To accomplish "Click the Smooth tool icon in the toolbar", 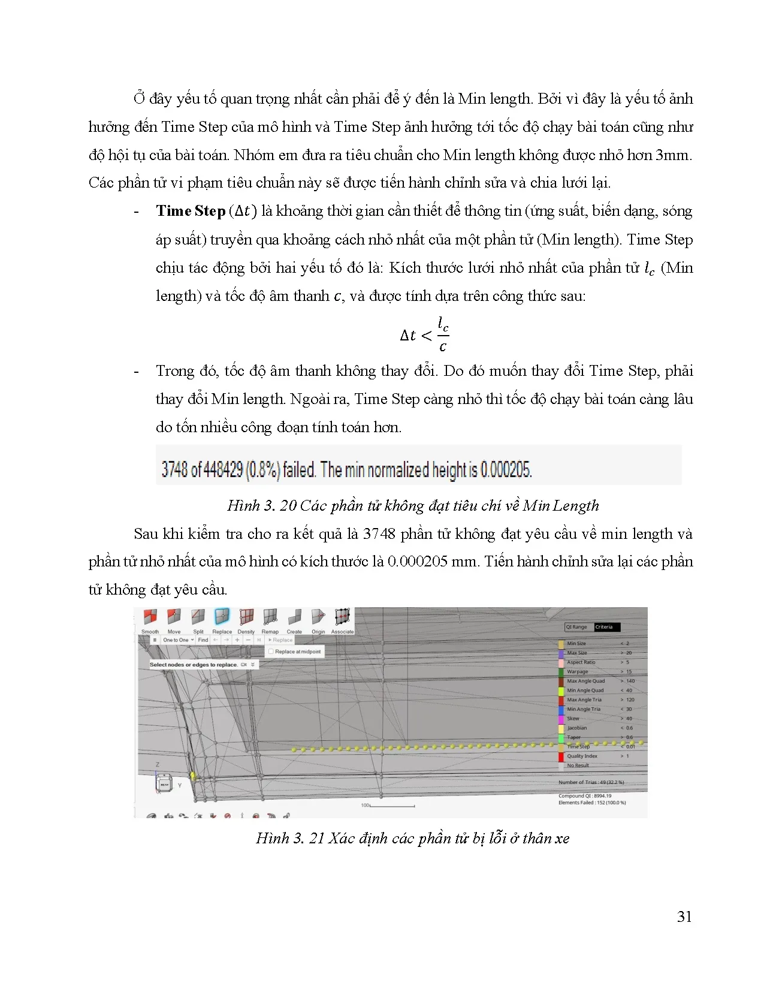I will click(150, 617).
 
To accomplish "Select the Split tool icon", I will click(198, 617).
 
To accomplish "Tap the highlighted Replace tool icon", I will click(222, 617).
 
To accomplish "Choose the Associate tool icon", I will click(342, 617).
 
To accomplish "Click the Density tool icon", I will click(246, 617).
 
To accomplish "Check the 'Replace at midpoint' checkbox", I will click(271, 652).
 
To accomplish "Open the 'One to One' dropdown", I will click(178, 640).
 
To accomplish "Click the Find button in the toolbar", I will click(203, 640).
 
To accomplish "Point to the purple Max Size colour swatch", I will click(561, 653).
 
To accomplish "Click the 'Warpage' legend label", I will click(578, 672).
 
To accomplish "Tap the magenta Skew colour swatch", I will click(561, 719).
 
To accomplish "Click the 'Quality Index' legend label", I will click(582, 756).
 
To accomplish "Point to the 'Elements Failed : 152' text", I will click(592, 803).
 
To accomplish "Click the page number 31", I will click(684, 916).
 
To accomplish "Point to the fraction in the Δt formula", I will click(443, 334).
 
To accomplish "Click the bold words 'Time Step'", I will click(191, 211).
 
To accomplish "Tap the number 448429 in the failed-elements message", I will click(223, 469).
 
